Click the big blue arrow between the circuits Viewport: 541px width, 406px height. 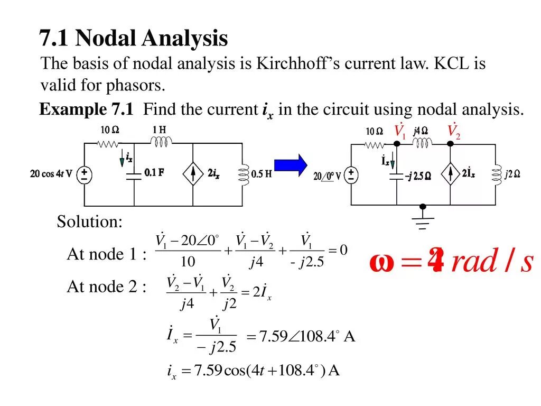click(x=290, y=165)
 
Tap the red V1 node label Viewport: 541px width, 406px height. click(x=400, y=131)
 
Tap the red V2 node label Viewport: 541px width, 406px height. click(x=454, y=131)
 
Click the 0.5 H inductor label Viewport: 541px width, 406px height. click(x=261, y=174)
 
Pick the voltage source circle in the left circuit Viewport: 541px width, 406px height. click(x=85, y=174)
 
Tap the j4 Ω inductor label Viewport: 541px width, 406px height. click(x=421, y=131)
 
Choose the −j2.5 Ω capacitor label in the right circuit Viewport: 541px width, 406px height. click(x=417, y=176)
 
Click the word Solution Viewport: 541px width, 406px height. click(x=89, y=222)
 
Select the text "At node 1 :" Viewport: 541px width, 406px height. click(x=106, y=254)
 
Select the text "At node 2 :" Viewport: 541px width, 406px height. click(x=106, y=287)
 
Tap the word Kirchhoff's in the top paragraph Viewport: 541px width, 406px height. click(x=296, y=64)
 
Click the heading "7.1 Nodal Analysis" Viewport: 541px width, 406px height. click(x=134, y=38)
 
